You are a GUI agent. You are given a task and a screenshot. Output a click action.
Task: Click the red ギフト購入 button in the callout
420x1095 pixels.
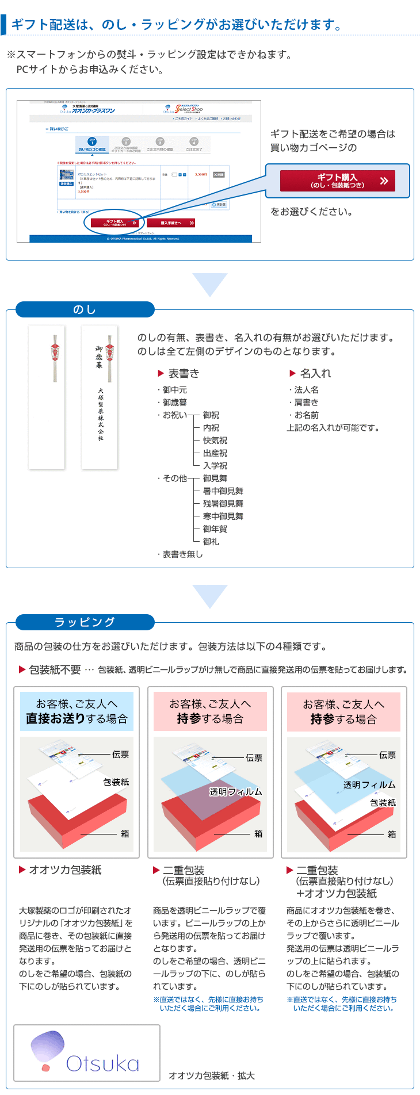tap(337, 181)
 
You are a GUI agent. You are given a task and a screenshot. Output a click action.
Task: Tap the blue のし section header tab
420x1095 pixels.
tap(85, 309)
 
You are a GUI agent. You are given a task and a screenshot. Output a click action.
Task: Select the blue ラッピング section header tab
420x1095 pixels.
tap(85, 622)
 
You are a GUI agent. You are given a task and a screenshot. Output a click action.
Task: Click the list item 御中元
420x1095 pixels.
tap(174, 390)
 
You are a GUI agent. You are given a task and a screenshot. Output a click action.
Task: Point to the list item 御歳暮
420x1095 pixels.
tap(174, 403)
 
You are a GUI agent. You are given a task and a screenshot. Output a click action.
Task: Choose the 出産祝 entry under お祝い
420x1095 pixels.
tap(215, 453)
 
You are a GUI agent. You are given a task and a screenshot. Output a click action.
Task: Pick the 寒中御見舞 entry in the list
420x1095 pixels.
tap(223, 516)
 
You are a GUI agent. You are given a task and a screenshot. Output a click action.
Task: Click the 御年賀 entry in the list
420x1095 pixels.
tap(215, 529)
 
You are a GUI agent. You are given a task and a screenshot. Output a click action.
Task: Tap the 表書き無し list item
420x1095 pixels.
tap(182, 554)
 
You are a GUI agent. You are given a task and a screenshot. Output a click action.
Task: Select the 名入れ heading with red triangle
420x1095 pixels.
tap(311, 373)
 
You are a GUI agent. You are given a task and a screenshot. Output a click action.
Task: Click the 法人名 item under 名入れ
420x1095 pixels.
tap(306, 390)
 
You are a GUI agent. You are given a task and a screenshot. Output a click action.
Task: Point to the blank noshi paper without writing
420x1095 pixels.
tap(47, 397)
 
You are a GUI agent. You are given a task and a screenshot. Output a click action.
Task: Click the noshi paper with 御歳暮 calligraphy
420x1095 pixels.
tap(100, 397)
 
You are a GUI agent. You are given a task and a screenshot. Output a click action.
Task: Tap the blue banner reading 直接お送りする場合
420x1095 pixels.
tap(77, 711)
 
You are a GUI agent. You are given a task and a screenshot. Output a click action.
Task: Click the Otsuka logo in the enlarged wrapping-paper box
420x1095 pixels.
tap(86, 1053)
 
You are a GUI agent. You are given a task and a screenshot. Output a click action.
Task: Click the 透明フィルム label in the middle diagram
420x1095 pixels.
tap(236, 792)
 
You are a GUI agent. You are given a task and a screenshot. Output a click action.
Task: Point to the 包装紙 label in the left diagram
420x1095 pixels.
tap(116, 782)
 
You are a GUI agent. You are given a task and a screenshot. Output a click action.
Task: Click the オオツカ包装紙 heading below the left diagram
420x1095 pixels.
tap(65, 870)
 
